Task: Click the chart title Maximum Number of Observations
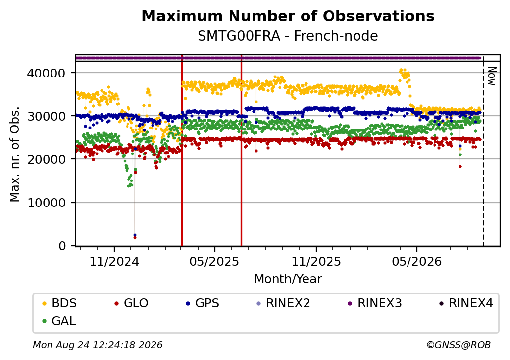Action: (288, 16)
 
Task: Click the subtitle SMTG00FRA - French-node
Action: (288, 36)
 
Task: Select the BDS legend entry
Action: (59, 303)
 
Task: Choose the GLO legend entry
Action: (131, 303)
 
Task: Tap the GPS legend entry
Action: (203, 303)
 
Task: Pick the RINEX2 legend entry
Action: (283, 303)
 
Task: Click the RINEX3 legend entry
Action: (375, 303)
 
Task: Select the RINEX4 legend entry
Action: (466, 303)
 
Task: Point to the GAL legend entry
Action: (59, 321)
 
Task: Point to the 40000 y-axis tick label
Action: (46, 73)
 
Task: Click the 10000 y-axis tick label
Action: (46, 203)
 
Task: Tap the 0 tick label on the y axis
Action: (62, 246)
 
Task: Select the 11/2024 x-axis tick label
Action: (114, 261)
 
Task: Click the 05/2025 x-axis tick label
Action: (214, 261)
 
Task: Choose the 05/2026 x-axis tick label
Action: (417, 261)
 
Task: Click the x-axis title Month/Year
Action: (288, 279)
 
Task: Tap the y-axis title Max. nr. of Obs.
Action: (15, 154)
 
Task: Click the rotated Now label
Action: (492, 77)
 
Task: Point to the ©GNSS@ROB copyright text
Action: (459, 345)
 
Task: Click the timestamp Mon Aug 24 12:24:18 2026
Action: (98, 345)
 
